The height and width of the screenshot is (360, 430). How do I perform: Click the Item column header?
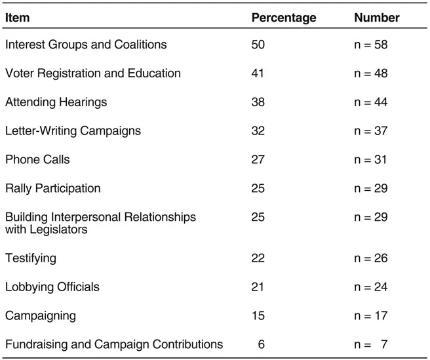pyautogui.click(x=17, y=18)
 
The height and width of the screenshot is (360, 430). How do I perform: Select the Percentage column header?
pyautogui.click(x=283, y=18)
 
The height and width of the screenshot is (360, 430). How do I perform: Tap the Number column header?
pyautogui.click(x=376, y=18)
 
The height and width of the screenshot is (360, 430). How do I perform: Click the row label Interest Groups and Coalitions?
pyautogui.click(x=86, y=45)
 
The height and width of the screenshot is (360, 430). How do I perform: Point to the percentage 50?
pyautogui.click(x=258, y=45)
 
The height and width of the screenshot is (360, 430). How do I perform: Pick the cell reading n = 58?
pyautogui.click(x=370, y=45)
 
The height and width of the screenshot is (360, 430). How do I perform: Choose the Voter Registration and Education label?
pyautogui.click(x=93, y=73)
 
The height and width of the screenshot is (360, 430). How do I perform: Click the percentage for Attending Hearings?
pyautogui.click(x=258, y=102)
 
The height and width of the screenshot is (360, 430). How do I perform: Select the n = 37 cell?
pyautogui.click(x=370, y=130)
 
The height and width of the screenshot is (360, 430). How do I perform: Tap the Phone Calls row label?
pyautogui.click(x=37, y=159)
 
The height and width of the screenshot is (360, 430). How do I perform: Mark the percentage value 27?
pyautogui.click(x=258, y=159)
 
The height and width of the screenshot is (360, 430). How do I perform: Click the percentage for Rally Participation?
pyautogui.click(x=258, y=188)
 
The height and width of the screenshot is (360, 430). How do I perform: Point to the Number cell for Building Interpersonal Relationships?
pyautogui.click(x=370, y=217)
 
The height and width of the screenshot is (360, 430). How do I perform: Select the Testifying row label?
pyautogui.click(x=31, y=258)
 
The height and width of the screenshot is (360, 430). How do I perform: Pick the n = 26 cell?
pyautogui.click(x=370, y=258)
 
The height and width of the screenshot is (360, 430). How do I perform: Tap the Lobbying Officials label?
pyautogui.click(x=52, y=287)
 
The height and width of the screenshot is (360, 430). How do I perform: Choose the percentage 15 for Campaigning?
pyautogui.click(x=258, y=315)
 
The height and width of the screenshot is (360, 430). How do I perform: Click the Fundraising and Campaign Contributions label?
pyautogui.click(x=114, y=344)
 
